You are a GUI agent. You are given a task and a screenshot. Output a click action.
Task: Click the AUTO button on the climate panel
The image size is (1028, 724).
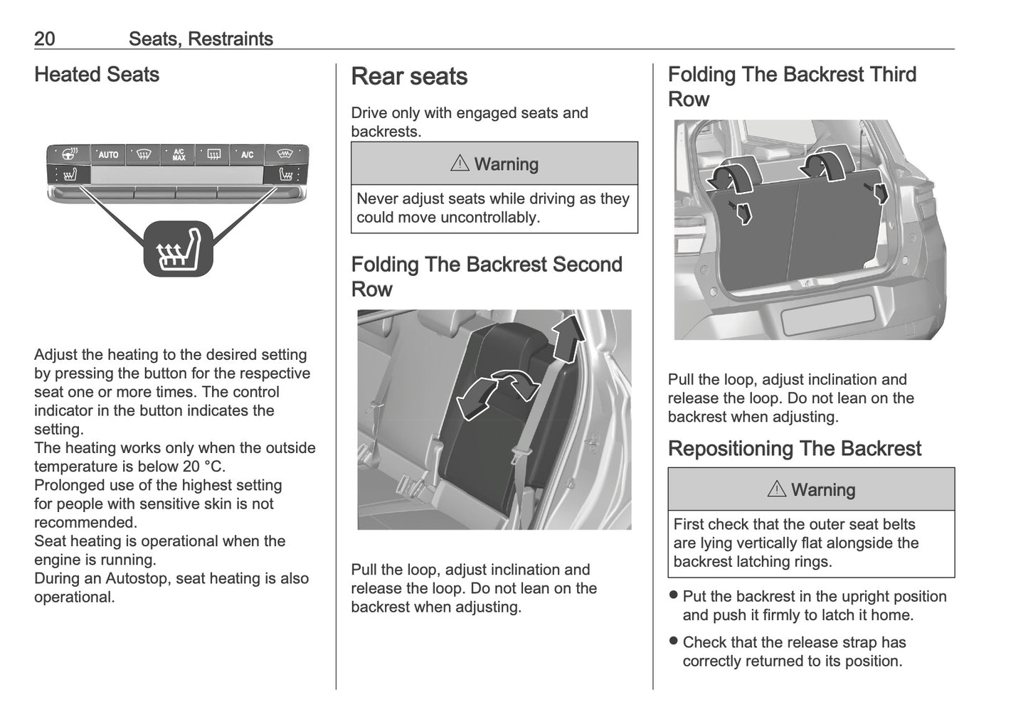click(x=108, y=154)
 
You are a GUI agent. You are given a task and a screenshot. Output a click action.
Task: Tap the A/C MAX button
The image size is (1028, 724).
click(x=178, y=154)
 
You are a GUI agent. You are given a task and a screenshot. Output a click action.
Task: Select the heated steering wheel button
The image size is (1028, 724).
click(x=70, y=154)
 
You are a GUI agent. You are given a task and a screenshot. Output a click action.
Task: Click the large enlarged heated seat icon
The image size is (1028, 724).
click(x=178, y=248)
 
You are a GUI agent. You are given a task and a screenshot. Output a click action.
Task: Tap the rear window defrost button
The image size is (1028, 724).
click(x=213, y=154)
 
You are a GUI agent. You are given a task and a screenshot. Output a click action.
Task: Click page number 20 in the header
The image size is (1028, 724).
click(x=44, y=39)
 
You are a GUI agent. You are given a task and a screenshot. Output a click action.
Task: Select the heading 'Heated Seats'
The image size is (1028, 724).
click(x=97, y=75)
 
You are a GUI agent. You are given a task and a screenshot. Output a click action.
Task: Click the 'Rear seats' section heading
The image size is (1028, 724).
click(x=409, y=77)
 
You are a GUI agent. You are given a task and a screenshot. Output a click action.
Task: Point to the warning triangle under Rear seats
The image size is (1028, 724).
click(x=460, y=164)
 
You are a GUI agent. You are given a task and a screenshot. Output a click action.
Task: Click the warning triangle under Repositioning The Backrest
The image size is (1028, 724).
click(x=776, y=489)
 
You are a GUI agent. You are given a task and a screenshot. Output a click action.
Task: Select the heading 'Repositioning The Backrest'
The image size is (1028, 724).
click(x=794, y=449)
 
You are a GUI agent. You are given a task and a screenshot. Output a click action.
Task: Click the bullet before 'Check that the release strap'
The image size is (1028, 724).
click(x=673, y=642)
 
